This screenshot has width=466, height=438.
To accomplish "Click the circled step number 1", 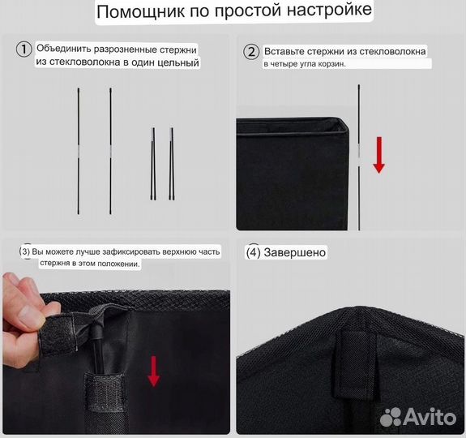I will (x=24, y=49).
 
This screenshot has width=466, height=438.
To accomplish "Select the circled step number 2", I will (x=251, y=52).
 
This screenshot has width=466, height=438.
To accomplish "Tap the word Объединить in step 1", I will (x=65, y=49).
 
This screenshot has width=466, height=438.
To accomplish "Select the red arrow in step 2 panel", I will (x=378, y=154).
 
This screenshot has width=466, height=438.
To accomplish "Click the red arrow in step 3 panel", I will (x=153, y=370).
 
